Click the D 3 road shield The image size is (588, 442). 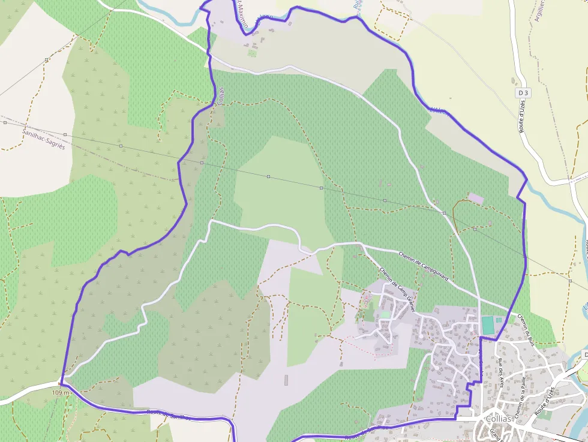click(524, 93)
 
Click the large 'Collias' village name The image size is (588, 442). click(495, 419)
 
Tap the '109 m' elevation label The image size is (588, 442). click(62, 392)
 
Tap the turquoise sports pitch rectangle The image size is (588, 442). click(488, 326)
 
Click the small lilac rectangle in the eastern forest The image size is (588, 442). click(475, 198)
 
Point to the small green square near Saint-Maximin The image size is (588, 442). click(252, 53)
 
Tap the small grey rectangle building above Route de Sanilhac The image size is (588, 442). click(286, 380)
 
